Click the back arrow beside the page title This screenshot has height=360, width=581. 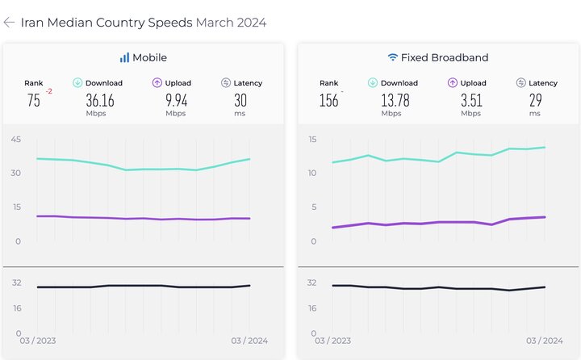9,23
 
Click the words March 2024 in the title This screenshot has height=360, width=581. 231,23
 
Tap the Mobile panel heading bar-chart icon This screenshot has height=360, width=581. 124,57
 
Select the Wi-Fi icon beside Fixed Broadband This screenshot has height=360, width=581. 392,57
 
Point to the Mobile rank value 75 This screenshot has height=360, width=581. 33,100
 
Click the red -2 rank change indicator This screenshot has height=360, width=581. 49,92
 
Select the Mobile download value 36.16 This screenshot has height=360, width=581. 99,100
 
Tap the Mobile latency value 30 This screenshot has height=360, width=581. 240,100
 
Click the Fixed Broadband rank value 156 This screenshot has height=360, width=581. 328,100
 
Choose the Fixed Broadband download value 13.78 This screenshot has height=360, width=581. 395,100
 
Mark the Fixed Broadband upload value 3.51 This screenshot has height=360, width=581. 471,100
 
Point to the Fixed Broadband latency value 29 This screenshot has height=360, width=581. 535,100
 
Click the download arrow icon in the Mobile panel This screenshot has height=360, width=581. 78,82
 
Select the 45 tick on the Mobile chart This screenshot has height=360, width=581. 15,140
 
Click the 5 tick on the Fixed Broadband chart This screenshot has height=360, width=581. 313,207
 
